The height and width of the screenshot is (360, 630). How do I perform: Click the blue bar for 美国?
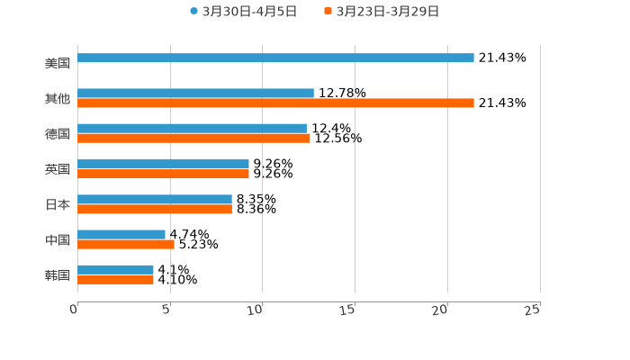275,58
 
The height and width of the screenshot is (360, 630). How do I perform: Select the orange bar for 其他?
275,103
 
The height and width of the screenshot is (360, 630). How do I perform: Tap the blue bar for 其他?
195,94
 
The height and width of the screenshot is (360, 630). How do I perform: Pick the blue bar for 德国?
192,129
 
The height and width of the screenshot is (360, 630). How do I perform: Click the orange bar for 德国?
193,139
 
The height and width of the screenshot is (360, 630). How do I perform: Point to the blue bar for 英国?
163,165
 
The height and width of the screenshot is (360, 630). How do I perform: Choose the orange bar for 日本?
155,210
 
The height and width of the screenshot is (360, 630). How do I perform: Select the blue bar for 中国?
121,235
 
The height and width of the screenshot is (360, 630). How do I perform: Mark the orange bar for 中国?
126,244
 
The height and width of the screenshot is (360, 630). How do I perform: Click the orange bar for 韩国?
115,280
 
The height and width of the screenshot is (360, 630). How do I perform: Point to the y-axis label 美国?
58,64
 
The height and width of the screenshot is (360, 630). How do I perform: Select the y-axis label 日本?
58,205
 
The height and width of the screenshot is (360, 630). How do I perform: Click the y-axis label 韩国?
58,275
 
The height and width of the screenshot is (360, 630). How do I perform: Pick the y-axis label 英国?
58,169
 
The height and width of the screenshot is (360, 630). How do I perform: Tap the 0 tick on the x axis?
75,310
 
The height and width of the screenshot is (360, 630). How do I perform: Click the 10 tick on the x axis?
257,310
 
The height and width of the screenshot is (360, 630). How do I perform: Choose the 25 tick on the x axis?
534,310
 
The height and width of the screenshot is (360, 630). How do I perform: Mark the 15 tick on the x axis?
350,310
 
